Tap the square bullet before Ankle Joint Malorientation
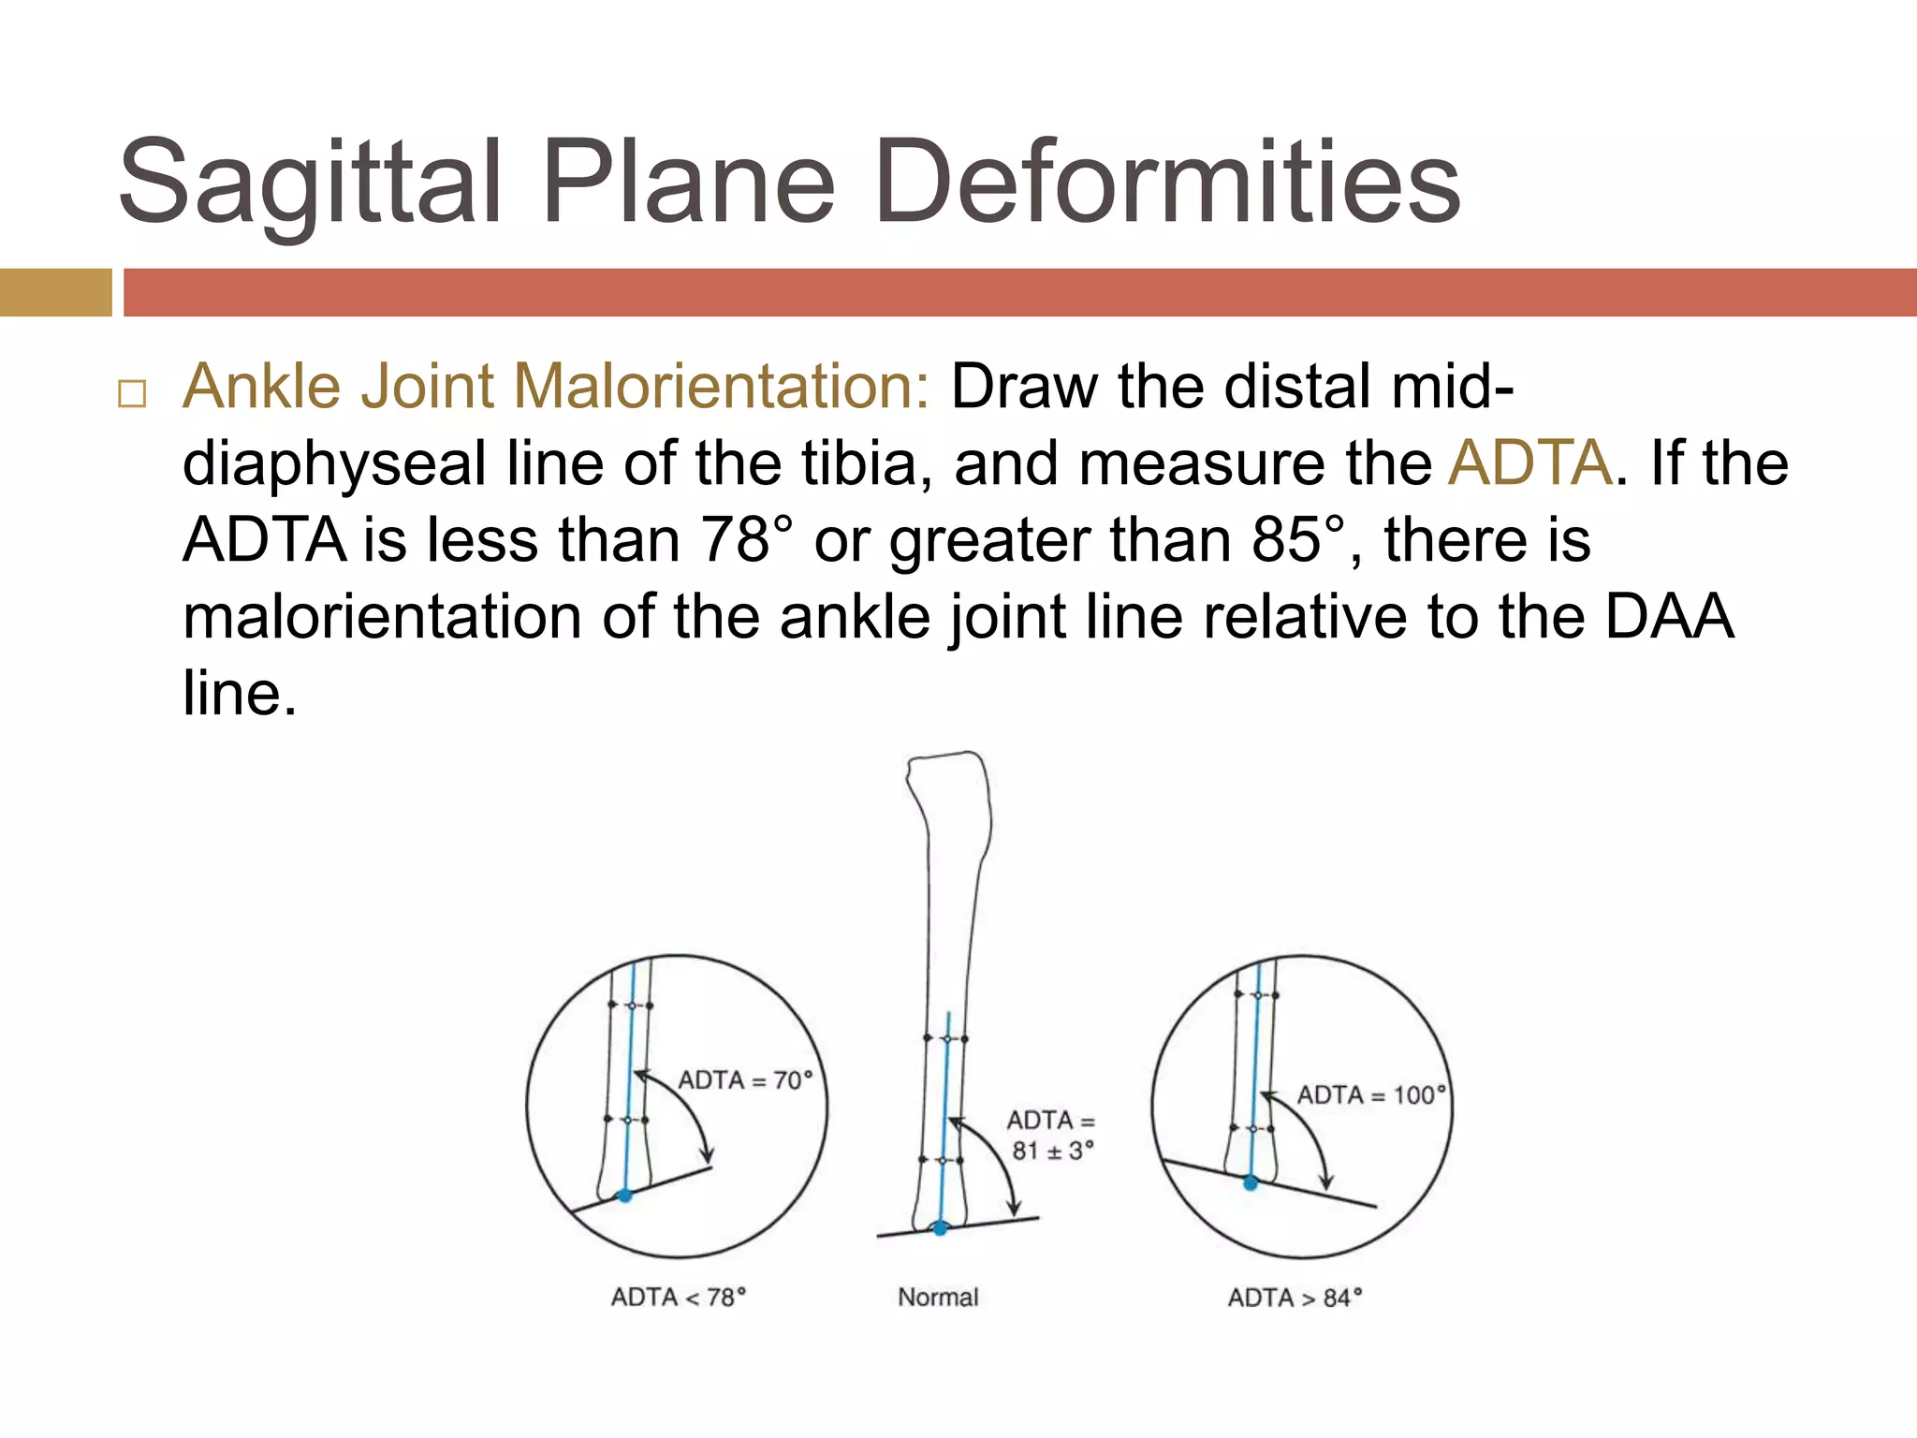point(132,393)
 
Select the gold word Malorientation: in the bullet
point(721,386)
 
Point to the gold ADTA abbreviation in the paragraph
point(1529,462)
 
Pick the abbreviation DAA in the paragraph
point(1670,617)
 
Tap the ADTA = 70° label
point(745,1080)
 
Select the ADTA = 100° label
point(1370,1095)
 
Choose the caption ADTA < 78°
point(678,1297)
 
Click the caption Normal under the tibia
point(938,1297)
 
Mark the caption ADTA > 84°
point(1295,1298)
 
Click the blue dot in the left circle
point(624,1196)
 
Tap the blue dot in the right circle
point(1250,1183)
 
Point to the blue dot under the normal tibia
point(940,1228)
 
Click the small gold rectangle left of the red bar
point(55,292)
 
